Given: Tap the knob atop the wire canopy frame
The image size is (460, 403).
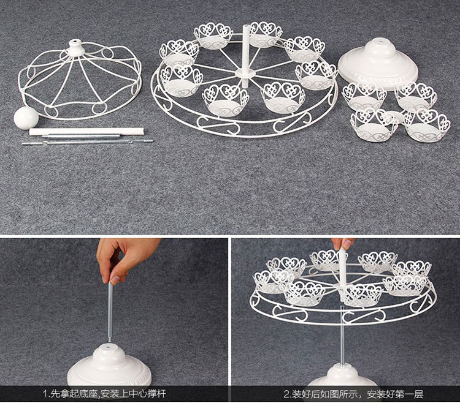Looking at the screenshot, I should pos(75,47).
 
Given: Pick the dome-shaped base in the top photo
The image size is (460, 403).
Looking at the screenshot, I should pos(378,65).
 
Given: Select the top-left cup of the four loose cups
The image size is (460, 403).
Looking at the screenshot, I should pos(364,97).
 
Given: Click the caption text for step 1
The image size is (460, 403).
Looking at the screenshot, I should pos(104,394).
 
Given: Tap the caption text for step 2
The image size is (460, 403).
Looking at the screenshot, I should pos(353,394).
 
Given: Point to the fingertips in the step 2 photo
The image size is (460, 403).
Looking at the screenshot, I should pos(342,244).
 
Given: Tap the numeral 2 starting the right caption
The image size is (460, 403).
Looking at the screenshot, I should pos(286,394).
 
